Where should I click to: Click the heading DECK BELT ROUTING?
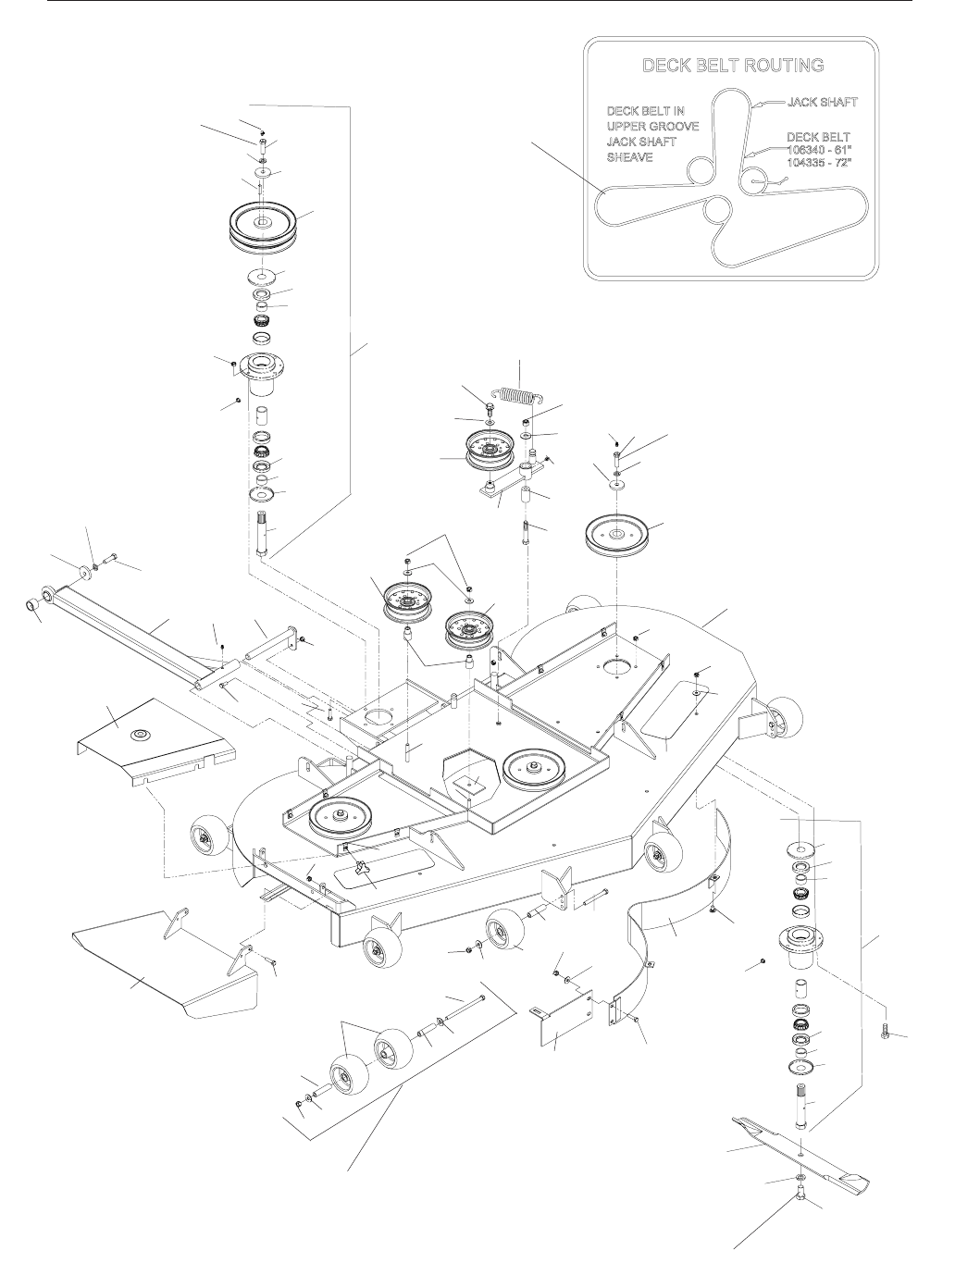[732, 65]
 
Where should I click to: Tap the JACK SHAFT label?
[822, 103]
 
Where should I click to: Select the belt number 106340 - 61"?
[819, 150]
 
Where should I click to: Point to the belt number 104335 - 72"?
[819, 162]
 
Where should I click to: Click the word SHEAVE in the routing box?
[629, 157]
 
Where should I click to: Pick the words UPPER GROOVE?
[652, 126]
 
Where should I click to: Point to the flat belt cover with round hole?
[155, 742]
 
